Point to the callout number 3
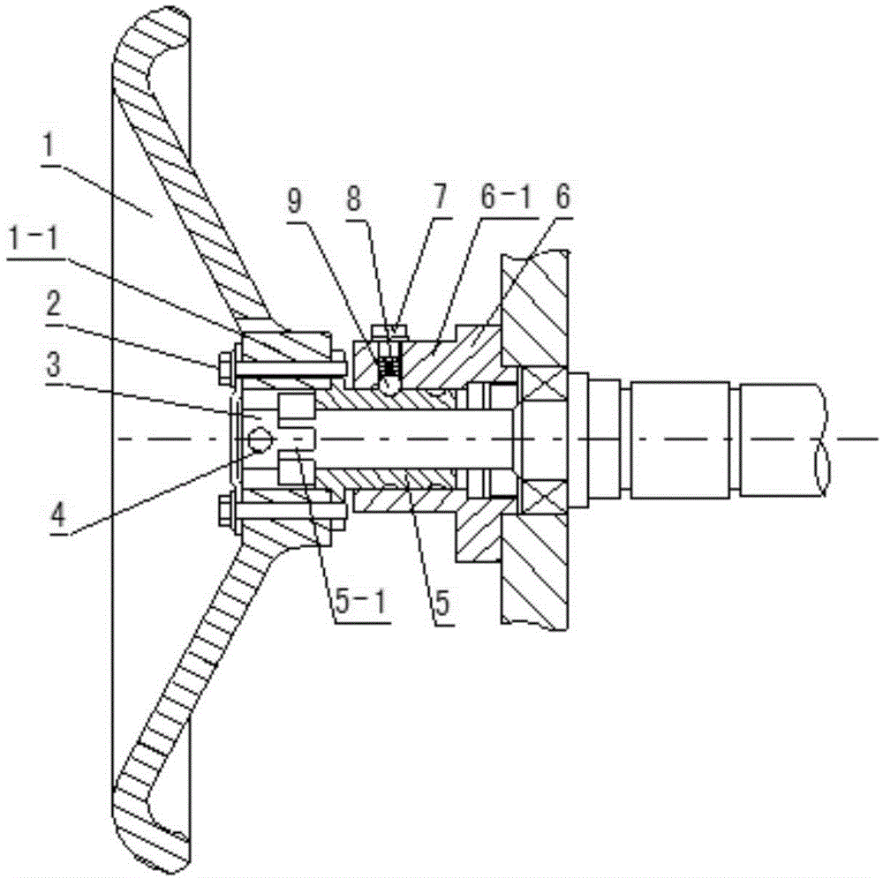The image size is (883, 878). click(54, 364)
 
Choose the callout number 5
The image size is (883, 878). click(443, 603)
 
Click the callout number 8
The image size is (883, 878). click(354, 199)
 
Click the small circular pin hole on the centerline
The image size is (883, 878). click(260, 439)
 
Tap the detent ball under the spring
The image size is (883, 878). click(389, 386)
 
